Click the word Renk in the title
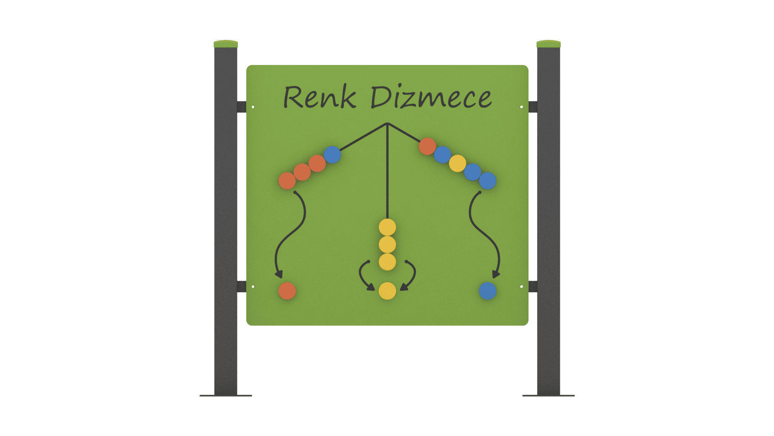coord(320,98)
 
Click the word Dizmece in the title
coord(431,98)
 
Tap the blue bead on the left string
coord(332,155)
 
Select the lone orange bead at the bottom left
coord(287,291)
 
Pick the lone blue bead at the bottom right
coord(487,291)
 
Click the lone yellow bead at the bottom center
coord(387,291)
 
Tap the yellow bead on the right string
coord(458,163)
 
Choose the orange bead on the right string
coord(427,146)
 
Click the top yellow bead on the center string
coord(387,227)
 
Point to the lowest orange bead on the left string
coord(287,181)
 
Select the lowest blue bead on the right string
coord(487,181)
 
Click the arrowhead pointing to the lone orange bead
coord(279,275)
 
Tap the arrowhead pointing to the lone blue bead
coord(496,275)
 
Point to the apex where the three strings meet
coord(387,124)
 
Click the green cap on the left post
coord(226,44)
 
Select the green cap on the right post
coord(549,44)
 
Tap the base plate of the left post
coord(226,396)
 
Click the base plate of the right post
coord(549,396)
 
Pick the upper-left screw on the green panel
coord(253,107)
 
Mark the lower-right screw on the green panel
coord(521,287)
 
